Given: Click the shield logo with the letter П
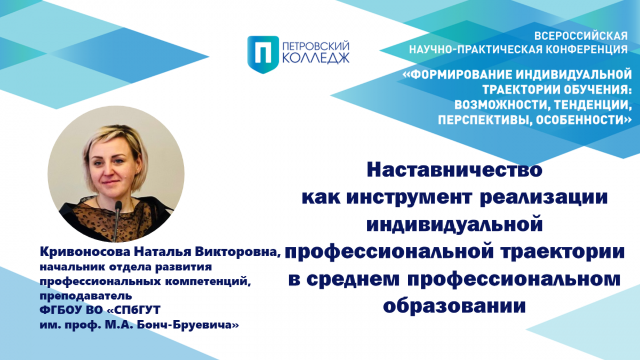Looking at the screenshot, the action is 263,54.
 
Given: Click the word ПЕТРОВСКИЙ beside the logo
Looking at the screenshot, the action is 316,46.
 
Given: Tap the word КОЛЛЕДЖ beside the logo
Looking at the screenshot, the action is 316,58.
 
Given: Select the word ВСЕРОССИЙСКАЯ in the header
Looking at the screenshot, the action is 581,36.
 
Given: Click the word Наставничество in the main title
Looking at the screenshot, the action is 454,170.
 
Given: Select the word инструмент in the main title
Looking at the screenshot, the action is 409,197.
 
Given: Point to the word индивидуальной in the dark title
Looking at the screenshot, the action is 454,225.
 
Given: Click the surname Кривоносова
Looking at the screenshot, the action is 85,252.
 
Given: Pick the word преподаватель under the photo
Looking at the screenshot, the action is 86,296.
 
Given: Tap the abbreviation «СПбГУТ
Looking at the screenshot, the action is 133,310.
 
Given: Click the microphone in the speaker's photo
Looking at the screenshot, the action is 117,217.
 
